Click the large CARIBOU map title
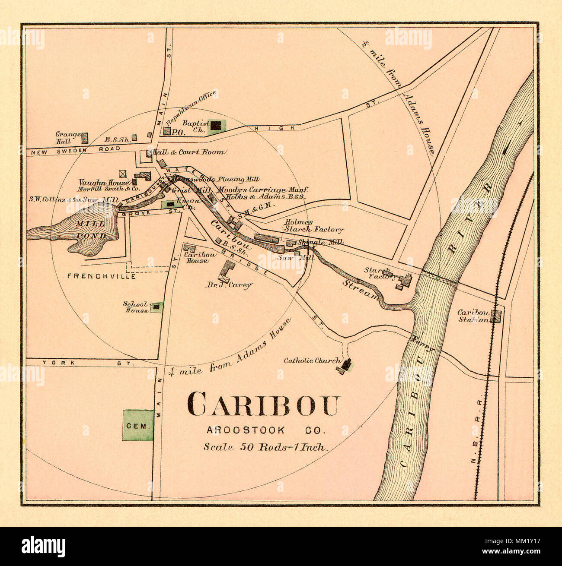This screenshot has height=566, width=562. click(x=263, y=404)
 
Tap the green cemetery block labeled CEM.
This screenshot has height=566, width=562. click(x=138, y=425)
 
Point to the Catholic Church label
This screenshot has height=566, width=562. click(x=312, y=360)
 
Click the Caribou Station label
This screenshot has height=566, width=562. click(x=473, y=316)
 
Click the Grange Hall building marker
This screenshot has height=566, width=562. click(x=85, y=138)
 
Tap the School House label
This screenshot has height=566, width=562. click(x=136, y=307)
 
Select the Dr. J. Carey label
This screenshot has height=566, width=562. click(x=229, y=285)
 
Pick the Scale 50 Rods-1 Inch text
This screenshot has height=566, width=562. click(x=265, y=447)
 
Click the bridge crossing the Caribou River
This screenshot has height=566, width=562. click(x=439, y=277)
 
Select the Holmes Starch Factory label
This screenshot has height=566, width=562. click(x=313, y=226)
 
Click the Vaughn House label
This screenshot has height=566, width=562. click(x=103, y=183)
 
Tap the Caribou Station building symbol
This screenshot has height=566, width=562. click(x=497, y=316)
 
